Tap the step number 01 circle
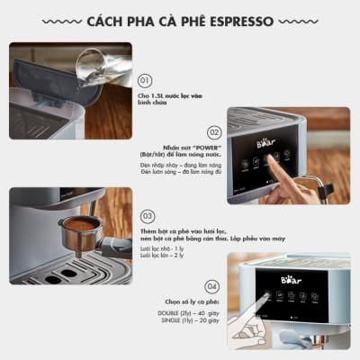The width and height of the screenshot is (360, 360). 147,81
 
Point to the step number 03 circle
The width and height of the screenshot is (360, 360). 148,217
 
